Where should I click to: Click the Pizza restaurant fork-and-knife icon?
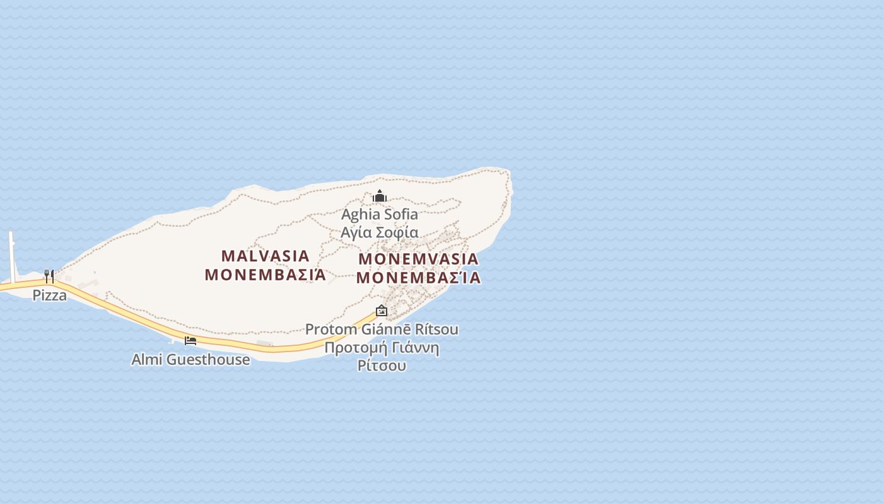click(x=49, y=276)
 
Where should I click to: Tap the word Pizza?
click(x=50, y=295)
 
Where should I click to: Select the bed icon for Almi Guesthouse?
click(x=190, y=341)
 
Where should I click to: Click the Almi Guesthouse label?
click(x=190, y=360)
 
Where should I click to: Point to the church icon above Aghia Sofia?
click(x=379, y=196)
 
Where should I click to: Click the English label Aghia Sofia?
click(x=380, y=214)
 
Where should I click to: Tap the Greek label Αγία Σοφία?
click(x=380, y=232)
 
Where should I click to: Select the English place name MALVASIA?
click(x=266, y=256)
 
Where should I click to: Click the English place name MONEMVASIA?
click(x=419, y=259)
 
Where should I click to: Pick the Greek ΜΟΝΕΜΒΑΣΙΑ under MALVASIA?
click(x=266, y=275)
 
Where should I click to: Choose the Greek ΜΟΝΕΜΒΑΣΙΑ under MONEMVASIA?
click(x=419, y=278)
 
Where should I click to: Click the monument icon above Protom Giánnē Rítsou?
click(x=382, y=311)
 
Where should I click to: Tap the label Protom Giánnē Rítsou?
click(x=382, y=329)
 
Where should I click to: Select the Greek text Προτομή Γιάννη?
click(x=382, y=348)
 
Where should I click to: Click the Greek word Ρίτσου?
click(x=382, y=365)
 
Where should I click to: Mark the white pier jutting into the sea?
click(x=11, y=255)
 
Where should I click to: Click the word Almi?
click(x=144, y=360)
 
